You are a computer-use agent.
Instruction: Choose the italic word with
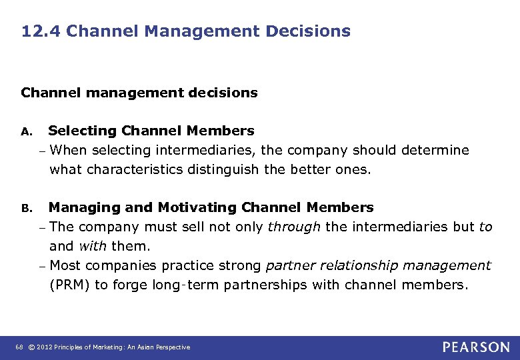pyautogui.click(x=93, y=246)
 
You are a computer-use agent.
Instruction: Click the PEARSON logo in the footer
pyautogui.click(x=476, y=347)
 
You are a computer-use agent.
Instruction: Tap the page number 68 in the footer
pyautogui.click(x=18, y=347)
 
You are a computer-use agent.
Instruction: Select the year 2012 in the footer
pyautogui.click(x=44, y=347)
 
